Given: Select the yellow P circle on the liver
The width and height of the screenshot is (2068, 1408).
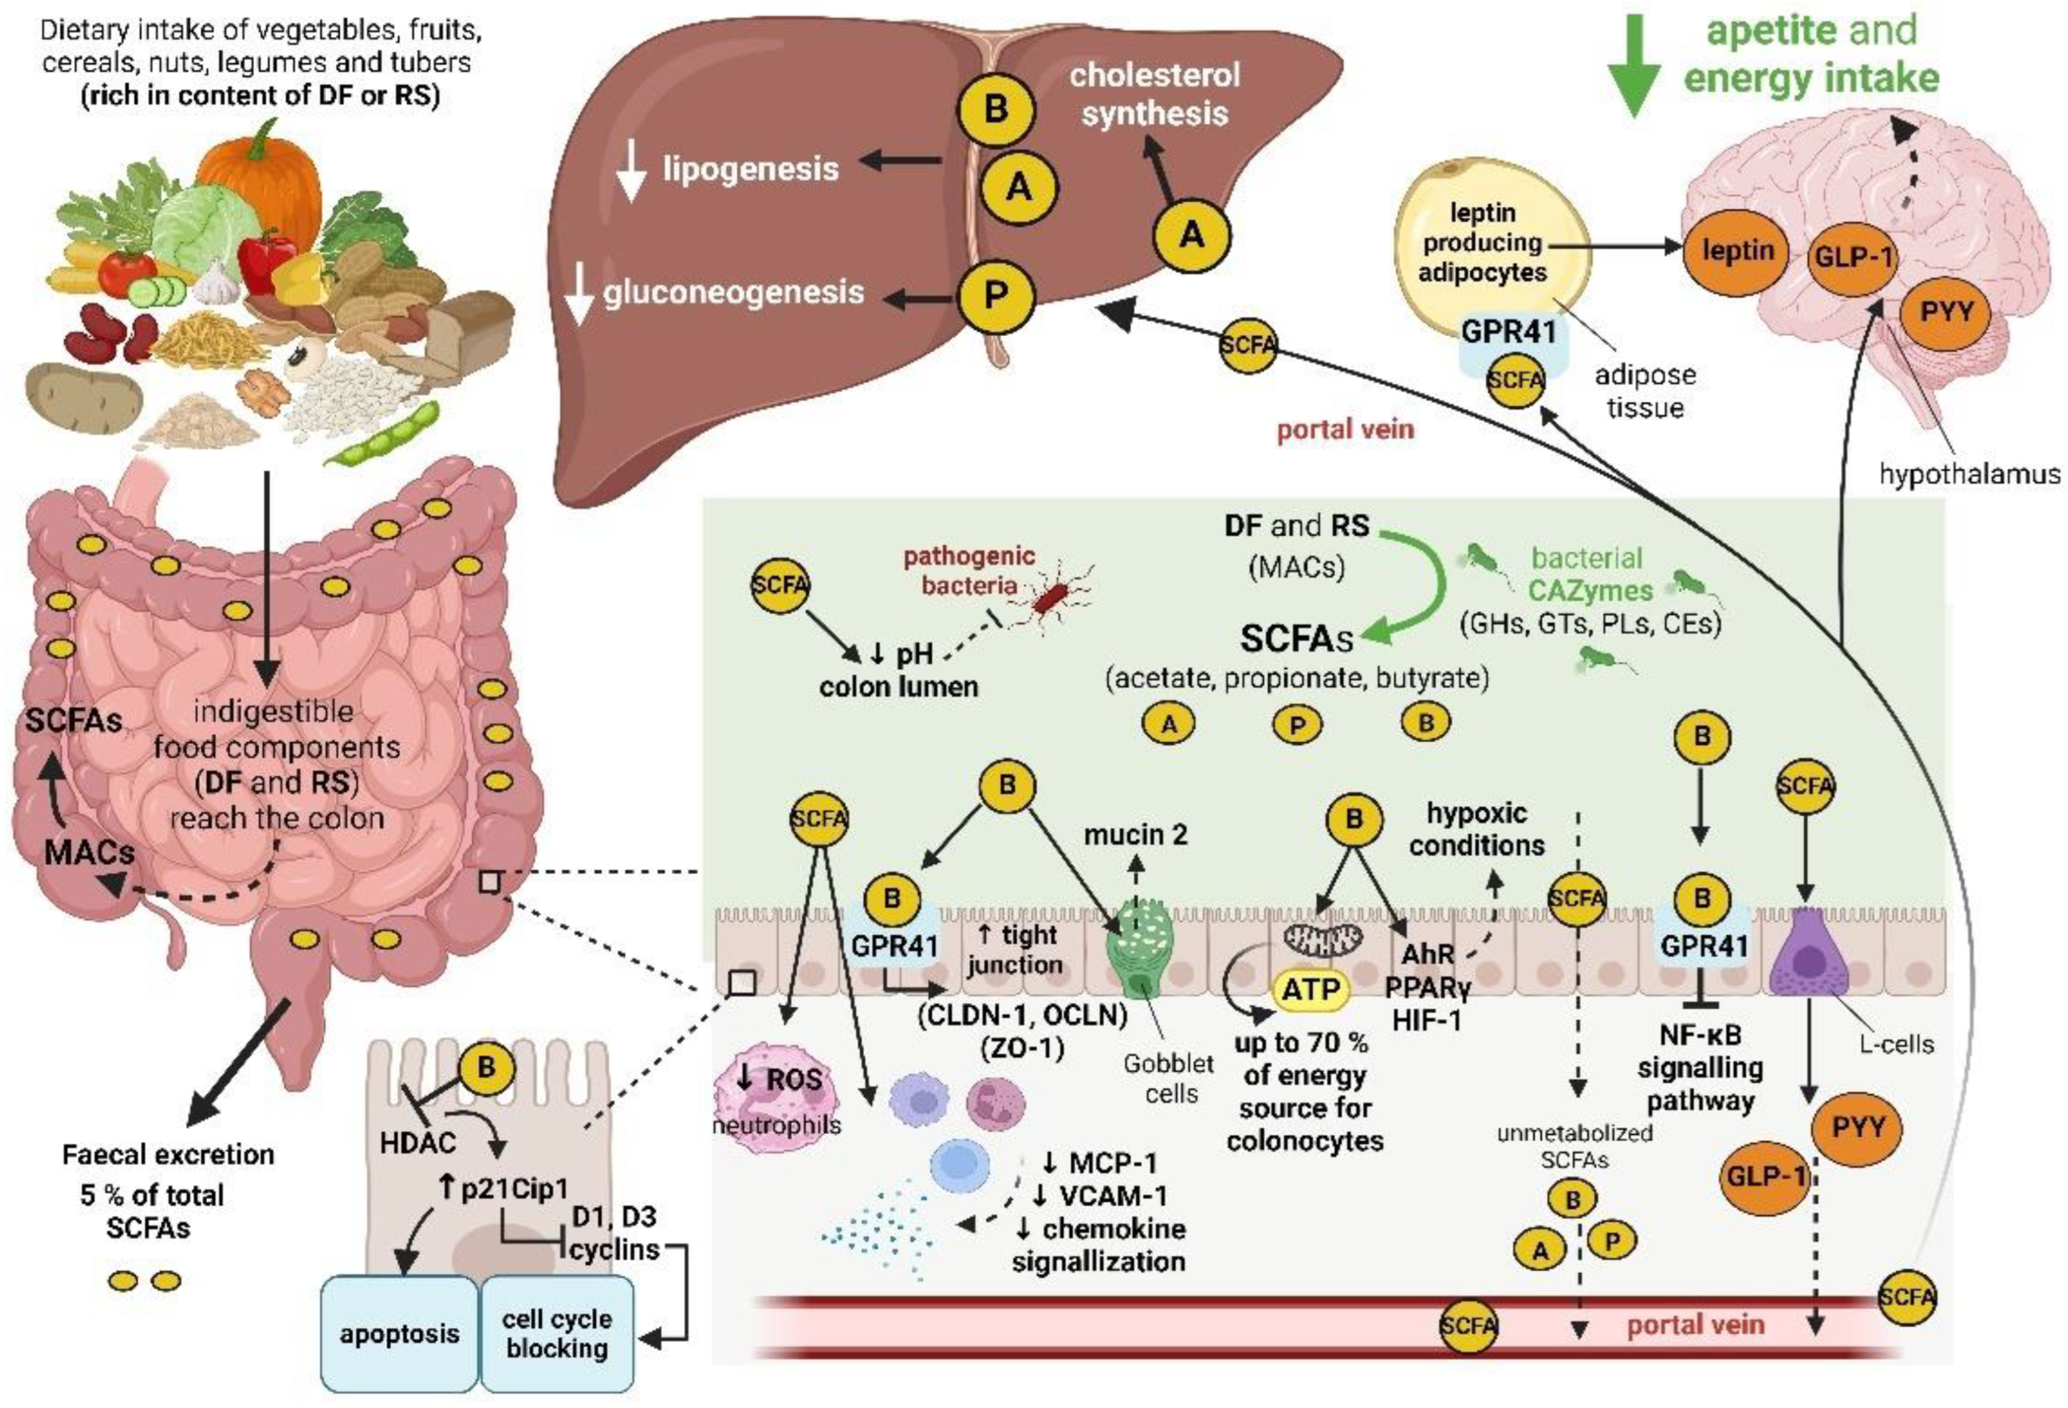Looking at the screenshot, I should [x=996, y=295].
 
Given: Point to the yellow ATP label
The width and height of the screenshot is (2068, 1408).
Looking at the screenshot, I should [x=1312, y=989].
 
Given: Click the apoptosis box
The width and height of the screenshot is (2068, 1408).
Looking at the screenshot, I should [x=400, y=1332].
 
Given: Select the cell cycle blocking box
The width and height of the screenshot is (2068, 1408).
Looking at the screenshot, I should [x=557, y=1332].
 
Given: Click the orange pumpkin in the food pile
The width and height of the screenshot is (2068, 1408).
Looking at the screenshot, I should [x=258, y=164].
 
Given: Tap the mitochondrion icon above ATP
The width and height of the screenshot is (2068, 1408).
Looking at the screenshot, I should [x=1323, y=938].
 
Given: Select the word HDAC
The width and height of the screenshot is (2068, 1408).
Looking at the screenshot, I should [x=418, y=1142].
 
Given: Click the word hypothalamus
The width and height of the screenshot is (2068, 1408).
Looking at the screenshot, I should [x=1968, y=474].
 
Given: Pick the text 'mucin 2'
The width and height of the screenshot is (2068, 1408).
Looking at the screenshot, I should [x=1135, y=835].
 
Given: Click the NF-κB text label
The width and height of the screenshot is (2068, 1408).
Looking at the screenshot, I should [x=1700, y=1035].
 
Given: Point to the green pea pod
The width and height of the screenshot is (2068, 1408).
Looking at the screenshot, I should [x=383, y=434].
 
